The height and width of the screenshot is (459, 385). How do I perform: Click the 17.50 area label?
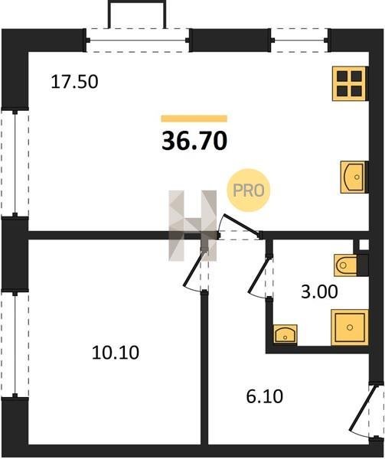[x=74, y=82]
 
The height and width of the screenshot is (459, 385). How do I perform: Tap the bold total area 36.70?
[x=194, y=141]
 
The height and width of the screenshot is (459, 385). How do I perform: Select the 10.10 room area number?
[x=116, y=353]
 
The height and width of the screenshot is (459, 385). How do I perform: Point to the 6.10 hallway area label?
[x=265, y=397]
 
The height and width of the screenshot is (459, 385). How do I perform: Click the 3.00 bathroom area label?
[x=319, y=292]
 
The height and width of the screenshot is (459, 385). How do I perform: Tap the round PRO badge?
[x=248, y=190]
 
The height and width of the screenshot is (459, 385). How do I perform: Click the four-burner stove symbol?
[x=350, y=83]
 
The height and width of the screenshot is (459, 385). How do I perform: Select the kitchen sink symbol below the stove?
[x=354, y=177]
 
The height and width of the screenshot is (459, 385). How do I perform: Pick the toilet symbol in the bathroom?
[x=346, y=265]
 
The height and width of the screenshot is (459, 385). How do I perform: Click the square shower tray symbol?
[x=350, y=327]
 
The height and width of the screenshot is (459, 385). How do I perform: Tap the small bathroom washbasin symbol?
[x=285, y=334]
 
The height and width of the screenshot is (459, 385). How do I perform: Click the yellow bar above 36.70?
[x=194, y=119]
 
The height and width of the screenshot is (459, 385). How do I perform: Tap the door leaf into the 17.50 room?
[x=242, y=225]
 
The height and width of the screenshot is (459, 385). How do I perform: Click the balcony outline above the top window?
[x=137, y=14]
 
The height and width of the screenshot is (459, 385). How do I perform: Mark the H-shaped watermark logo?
[x=193, y=226]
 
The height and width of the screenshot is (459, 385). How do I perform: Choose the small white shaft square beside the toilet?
[x=364, y=245]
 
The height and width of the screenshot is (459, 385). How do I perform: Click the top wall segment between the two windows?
[x=230, y=40]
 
